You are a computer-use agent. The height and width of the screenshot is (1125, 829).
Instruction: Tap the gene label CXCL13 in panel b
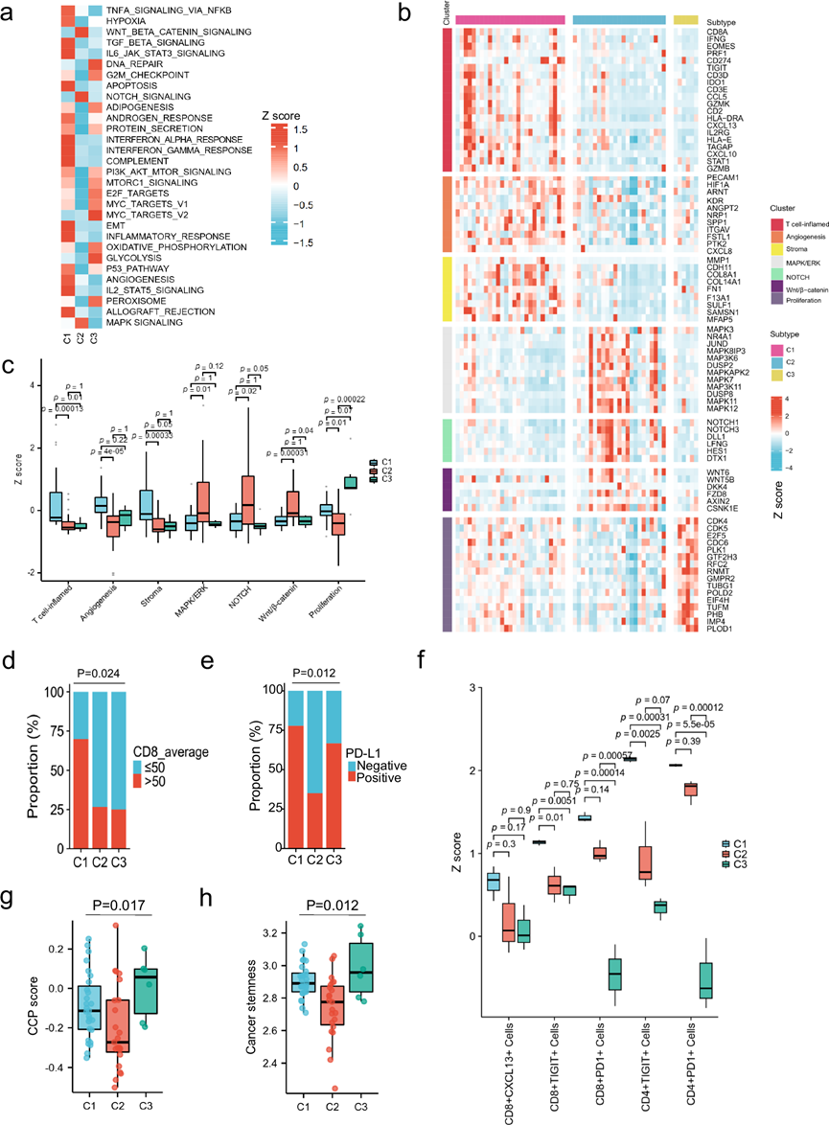point(709,125)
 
